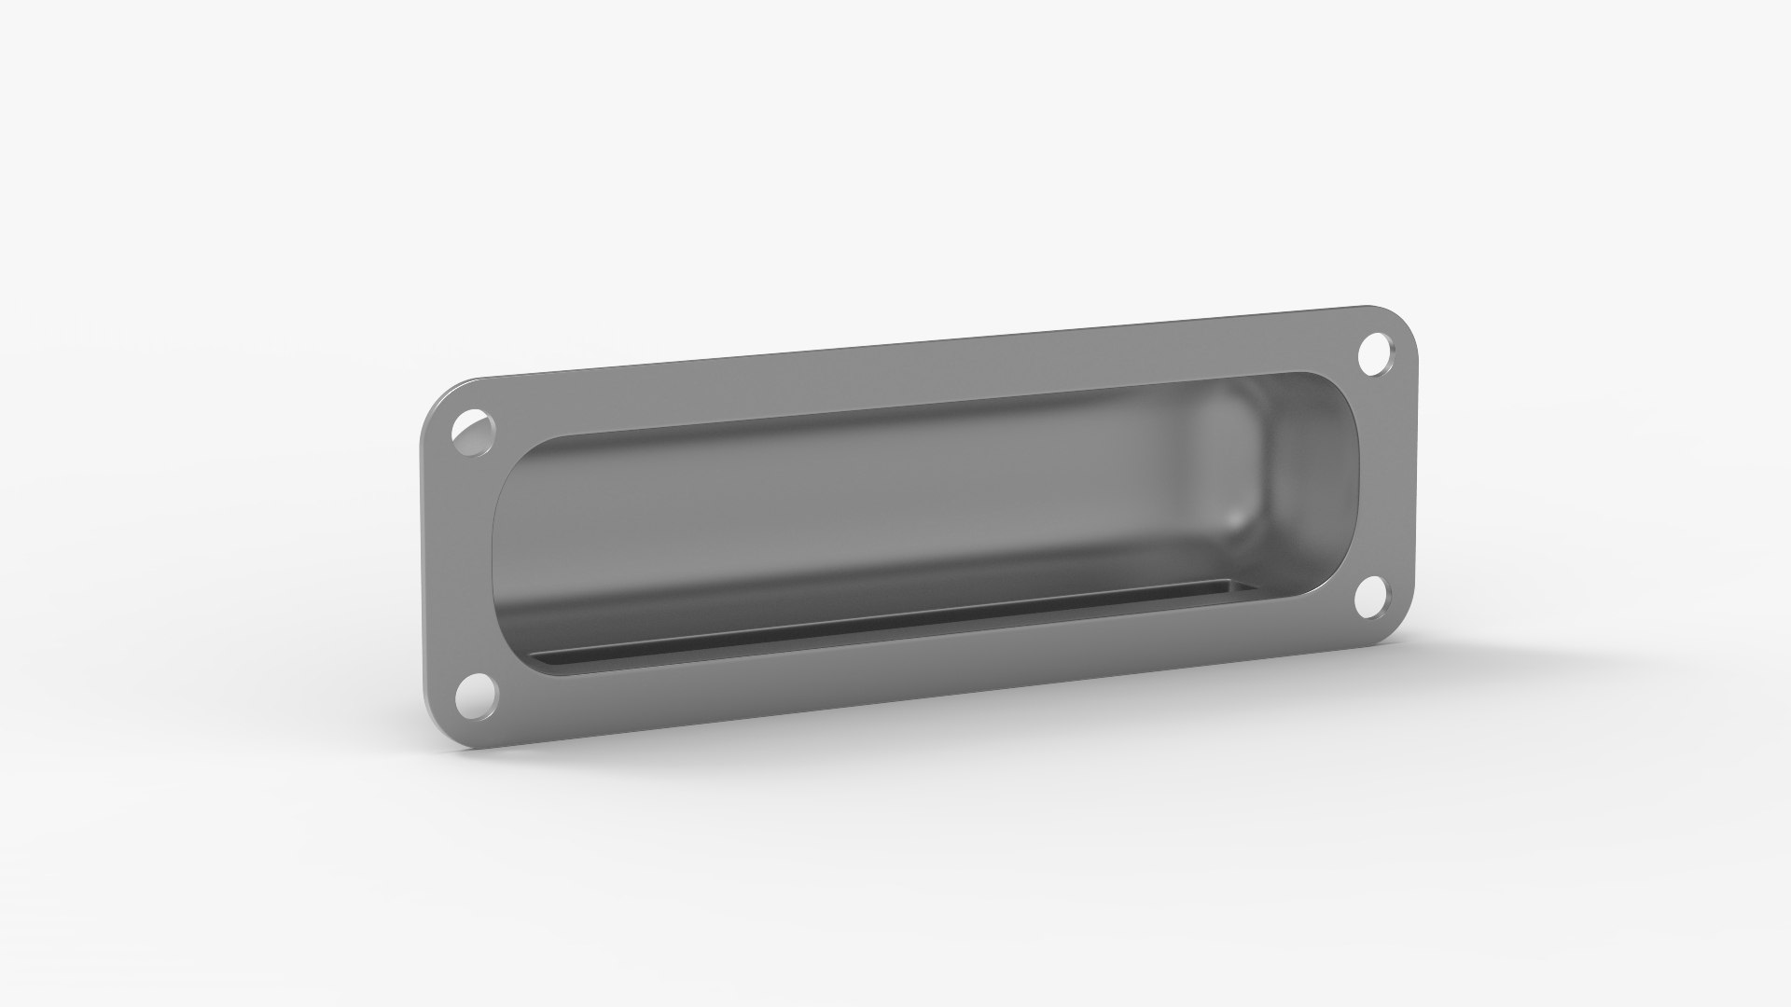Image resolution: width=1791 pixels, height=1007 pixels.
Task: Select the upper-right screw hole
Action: (x=1373, y=354)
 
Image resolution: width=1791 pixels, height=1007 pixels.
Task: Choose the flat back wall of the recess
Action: (x=840, y=504)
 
